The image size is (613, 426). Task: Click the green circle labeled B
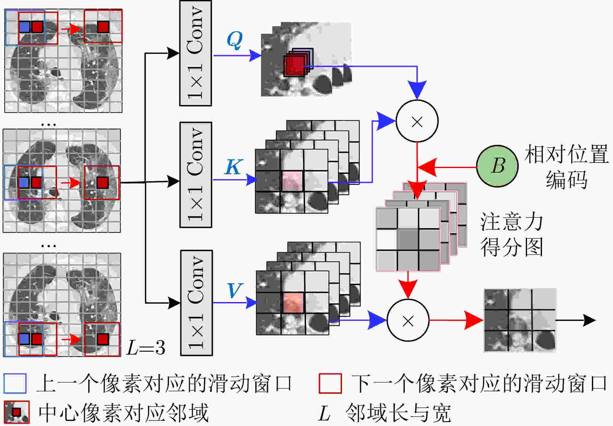[497, 166]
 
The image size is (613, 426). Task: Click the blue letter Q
[234, 40]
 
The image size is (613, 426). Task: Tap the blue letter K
[234, 167]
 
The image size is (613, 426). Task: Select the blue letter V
[235, 290]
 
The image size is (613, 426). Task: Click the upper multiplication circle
[417, 121]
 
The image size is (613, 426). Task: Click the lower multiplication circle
[408, 320]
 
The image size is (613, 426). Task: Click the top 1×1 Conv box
[196, 53]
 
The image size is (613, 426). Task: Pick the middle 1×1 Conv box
[196, 175]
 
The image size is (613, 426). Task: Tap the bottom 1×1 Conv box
[196, 303]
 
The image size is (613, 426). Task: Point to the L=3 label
[146, 347]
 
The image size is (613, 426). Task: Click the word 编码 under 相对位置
[566, 179]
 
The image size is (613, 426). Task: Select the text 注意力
[512, 222]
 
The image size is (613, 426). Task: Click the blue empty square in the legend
[15, 383]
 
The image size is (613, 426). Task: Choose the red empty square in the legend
[330, 383]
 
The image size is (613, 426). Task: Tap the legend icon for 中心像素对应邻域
[16, 412]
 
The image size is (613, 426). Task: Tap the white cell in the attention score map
[387, 239]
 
